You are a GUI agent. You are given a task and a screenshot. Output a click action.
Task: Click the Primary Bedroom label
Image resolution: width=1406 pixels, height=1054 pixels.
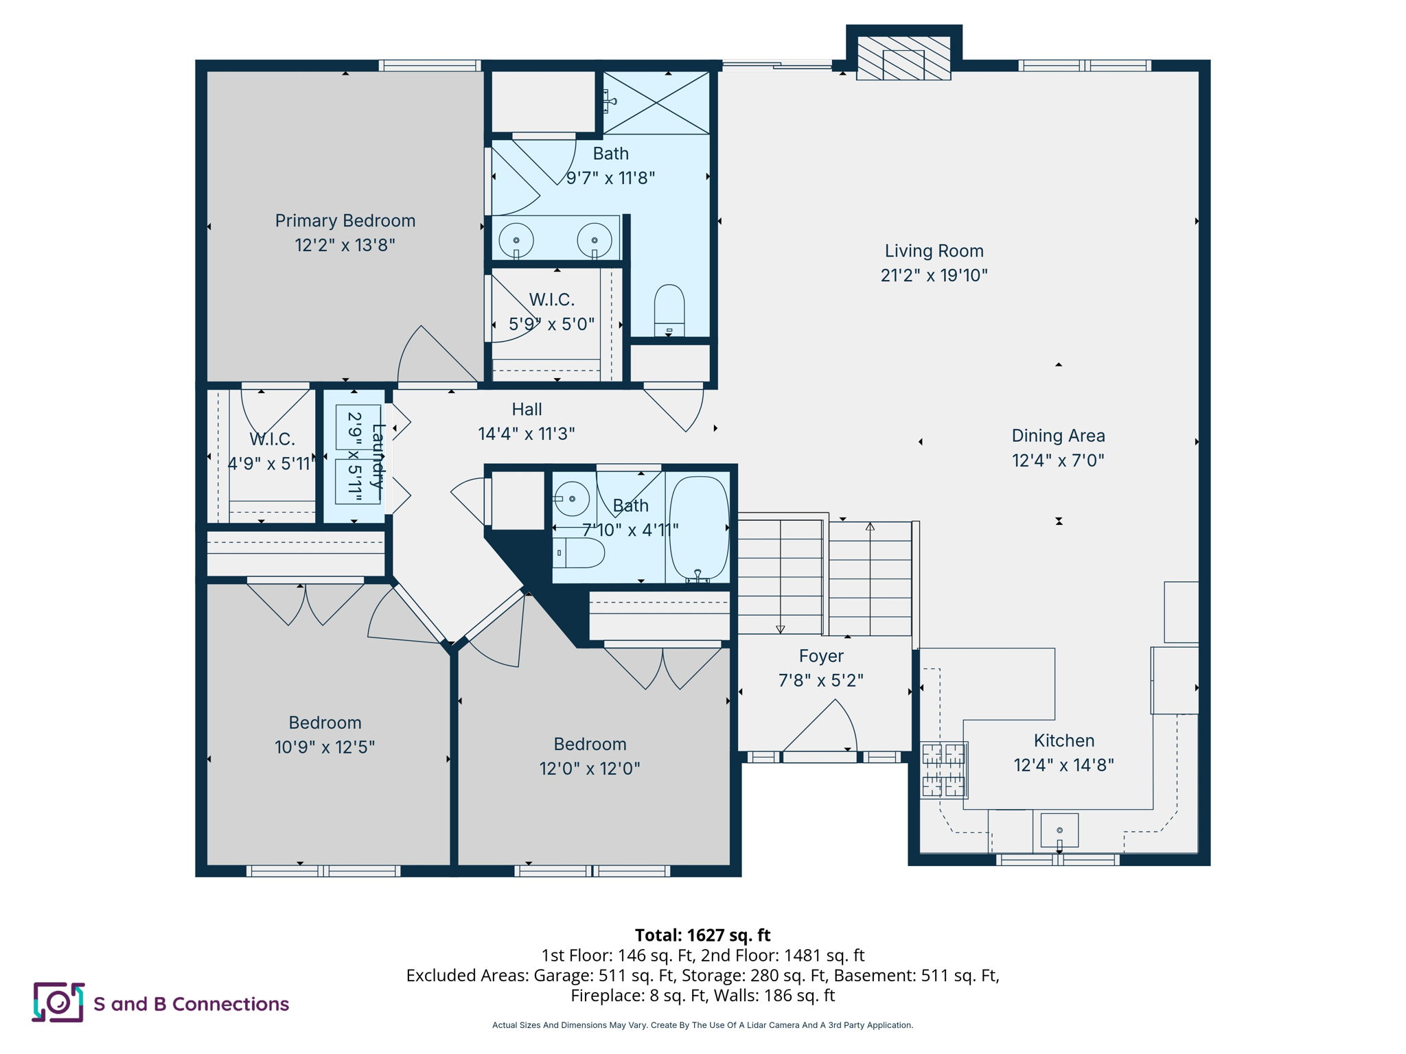point(345,221)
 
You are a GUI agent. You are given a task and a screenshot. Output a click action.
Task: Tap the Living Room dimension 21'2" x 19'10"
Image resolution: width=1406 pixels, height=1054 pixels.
point(934,275)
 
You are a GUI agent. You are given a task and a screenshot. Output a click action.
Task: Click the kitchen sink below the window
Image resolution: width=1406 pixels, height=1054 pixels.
point(1059,830)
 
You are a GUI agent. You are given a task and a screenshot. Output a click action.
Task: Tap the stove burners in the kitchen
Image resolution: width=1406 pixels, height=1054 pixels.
point(944,771)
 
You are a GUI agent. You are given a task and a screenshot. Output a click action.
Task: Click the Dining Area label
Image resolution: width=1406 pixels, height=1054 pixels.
point(1058,436)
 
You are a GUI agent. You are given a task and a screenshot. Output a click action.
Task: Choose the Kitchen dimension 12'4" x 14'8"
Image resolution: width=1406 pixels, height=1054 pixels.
point(1063,765)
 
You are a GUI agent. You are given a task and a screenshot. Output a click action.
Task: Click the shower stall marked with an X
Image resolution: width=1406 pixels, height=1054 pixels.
point(656,103)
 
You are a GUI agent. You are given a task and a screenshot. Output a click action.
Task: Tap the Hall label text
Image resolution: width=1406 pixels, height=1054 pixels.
point(527,410)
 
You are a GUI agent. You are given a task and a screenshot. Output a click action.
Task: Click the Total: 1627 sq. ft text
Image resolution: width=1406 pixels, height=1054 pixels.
point(702,935)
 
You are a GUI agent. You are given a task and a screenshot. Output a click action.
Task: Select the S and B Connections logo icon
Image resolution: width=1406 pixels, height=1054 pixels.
point(58,1003)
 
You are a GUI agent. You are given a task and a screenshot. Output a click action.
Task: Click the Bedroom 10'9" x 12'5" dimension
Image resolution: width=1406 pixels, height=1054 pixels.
point(325,747)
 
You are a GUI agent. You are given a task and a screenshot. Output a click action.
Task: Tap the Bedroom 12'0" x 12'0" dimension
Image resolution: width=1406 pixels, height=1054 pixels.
point(590,769)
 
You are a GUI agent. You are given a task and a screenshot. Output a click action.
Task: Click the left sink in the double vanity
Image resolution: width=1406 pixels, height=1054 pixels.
point(516,241)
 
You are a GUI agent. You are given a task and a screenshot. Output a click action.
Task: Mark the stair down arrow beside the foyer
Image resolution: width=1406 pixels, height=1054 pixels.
point(780,629)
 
